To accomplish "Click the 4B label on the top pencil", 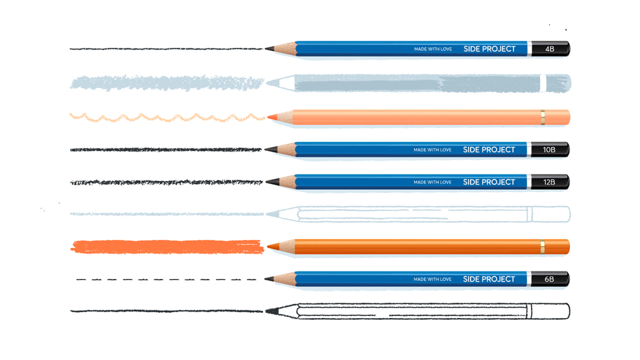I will pyautogui.click(x=550, y=49).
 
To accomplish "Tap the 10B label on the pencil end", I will pyautogui.click(x=549, y=150).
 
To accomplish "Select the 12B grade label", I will pyautogui.click(x=549, y=183).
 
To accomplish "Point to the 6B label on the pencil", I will pyautogui.click(x=549, y=279).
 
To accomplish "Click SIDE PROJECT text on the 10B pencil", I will pyautogui.click(x=489, y=150).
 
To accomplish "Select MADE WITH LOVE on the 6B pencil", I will pyautogui.click(x=432, y=279).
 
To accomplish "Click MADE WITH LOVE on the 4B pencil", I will pyautogui.click(x=432, y=49).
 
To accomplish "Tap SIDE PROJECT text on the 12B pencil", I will pyautogui.click(x=489, y=182).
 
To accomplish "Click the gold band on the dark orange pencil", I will pyautogui.click(x=542, y=247).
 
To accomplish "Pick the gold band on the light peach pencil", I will pyautogui.click(x=542, y=117).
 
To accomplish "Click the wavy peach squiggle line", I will pyautogui.click(x=166, y=117).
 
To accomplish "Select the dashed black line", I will pyautogui.click(x=166, y=279).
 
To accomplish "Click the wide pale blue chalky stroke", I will pyautogui.click(x=166, y=83).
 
